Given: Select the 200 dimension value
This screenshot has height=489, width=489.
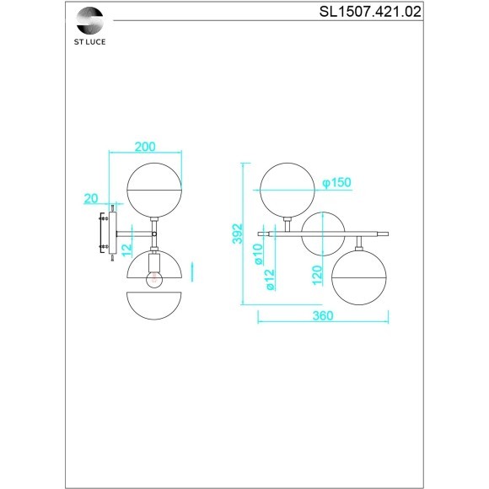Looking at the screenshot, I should tap(145, 146).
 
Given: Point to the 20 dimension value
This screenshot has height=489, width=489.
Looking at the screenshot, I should tap(92, 199).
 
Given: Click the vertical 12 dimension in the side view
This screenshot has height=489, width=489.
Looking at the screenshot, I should tap(125, 249).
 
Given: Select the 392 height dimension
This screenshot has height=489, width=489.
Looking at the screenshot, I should tap(237, 233).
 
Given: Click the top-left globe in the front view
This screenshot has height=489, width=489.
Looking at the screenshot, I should tap(287, 190).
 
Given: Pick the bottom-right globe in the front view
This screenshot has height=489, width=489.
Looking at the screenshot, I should tap(358, 278).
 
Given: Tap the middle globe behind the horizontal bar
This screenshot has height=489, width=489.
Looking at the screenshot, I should tap(323, 234).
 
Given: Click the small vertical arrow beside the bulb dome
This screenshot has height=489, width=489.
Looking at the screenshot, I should tap(193, 271).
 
